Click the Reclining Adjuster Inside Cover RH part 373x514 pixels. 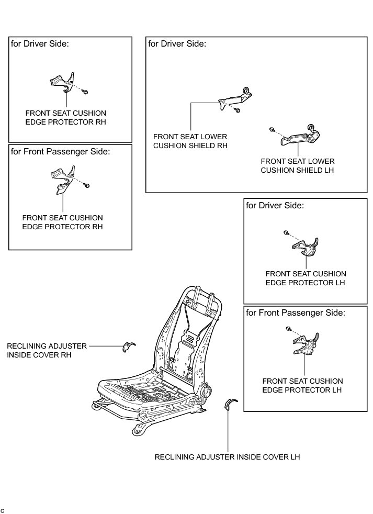[x=127, y=346]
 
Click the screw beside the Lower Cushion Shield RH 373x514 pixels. [x=238, y=110]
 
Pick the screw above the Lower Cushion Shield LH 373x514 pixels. [x=272, y=129]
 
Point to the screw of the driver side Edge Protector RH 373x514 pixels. [x=85, y=92]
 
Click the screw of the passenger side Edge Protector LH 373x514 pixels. [x=288, y=328]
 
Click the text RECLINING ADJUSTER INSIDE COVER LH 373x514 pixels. [x=227, y=457]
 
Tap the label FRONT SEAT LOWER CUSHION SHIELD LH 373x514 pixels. [x=297, y=166]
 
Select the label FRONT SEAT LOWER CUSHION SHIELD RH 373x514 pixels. [x=190, y=141]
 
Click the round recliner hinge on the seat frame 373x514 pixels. [x=206, y=391]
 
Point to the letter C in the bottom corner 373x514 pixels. [x=3, y=509]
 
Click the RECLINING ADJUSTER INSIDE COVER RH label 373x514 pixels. [x=39, y=350]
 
